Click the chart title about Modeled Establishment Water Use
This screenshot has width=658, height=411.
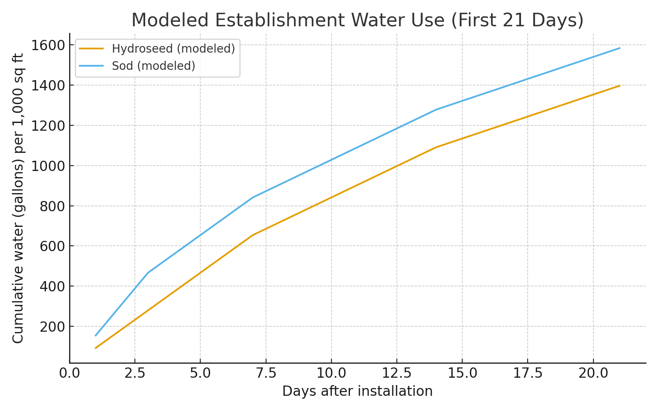[x=357, y=20]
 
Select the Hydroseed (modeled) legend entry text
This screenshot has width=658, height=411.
[x=173, y=49]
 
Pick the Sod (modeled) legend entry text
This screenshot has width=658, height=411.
[x=153, y=66]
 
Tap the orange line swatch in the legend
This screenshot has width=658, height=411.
[x=91, y=49]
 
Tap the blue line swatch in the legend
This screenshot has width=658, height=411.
[x=91, y=66]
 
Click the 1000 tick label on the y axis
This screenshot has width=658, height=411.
[x=48, y=166]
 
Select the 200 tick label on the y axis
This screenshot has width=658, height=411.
[x=52, y=327]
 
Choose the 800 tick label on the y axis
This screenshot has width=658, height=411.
[x=52, y=206]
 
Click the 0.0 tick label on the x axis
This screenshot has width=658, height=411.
[x=70, y=374]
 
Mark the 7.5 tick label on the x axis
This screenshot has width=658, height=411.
[x=266, y=374]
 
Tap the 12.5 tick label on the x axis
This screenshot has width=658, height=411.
[x=397, y=374]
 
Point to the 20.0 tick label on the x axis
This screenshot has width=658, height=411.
[x=593, y=374]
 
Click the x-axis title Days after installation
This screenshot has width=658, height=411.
[x=357, y=391]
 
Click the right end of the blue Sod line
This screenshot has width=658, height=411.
[x=620, y=48]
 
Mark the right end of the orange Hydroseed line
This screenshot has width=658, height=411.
[x=620, y=85]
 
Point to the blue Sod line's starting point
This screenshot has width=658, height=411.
[x=95, y=335]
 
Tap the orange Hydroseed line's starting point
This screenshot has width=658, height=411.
[x=95, y=348]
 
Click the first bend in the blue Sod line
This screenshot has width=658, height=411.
[x=148, y=273]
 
